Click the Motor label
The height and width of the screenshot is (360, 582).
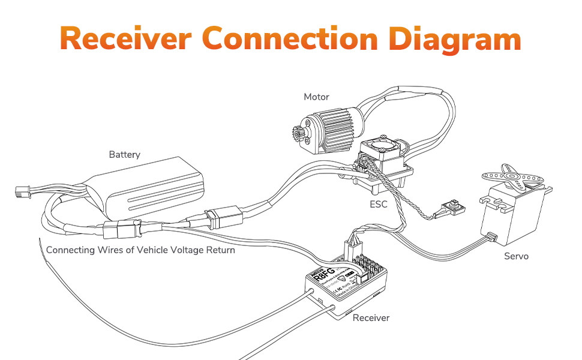click(316, 97)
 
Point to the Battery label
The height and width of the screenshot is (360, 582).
click(124, 155)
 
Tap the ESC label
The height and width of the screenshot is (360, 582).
click(379, 205)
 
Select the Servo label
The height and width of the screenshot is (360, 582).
click(516, 256)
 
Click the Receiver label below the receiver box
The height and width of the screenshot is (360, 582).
click(371, 317)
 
